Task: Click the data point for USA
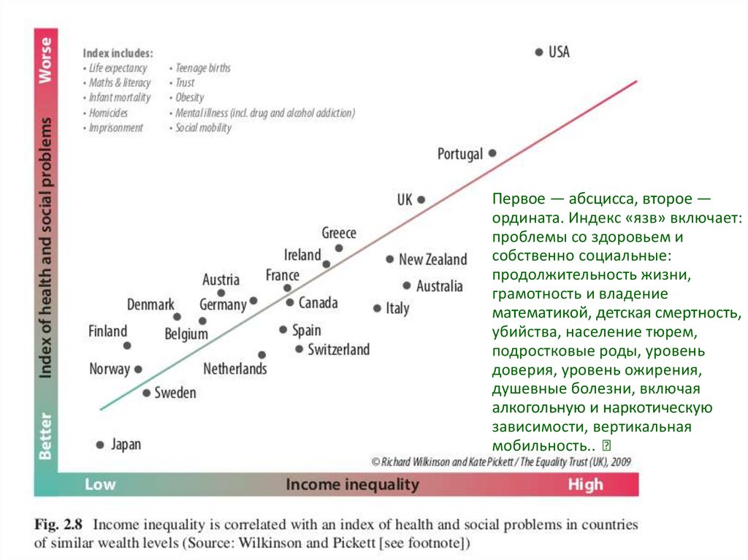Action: coord(538,52)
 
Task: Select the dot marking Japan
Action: coord(100,444)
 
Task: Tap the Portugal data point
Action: coord(492,153)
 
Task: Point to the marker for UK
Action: coord(421,199)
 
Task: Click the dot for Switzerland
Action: coord(299,349)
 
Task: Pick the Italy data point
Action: coord(377,308)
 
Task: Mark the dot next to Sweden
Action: coord(146,393)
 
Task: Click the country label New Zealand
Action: coord(432,259)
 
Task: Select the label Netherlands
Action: coord(234,369)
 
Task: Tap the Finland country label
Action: coord(107,331)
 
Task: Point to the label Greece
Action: coord(339,233)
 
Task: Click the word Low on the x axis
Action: coord(100,484)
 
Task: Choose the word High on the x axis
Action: coord(585,484)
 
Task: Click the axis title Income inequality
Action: coord(352,484)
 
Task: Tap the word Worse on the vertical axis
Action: coord(45,58)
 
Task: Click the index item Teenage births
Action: coord(202,68)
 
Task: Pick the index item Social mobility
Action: coord(203,128)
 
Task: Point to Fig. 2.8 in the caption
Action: coord(59,524)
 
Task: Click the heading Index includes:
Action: coord(118,53)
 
